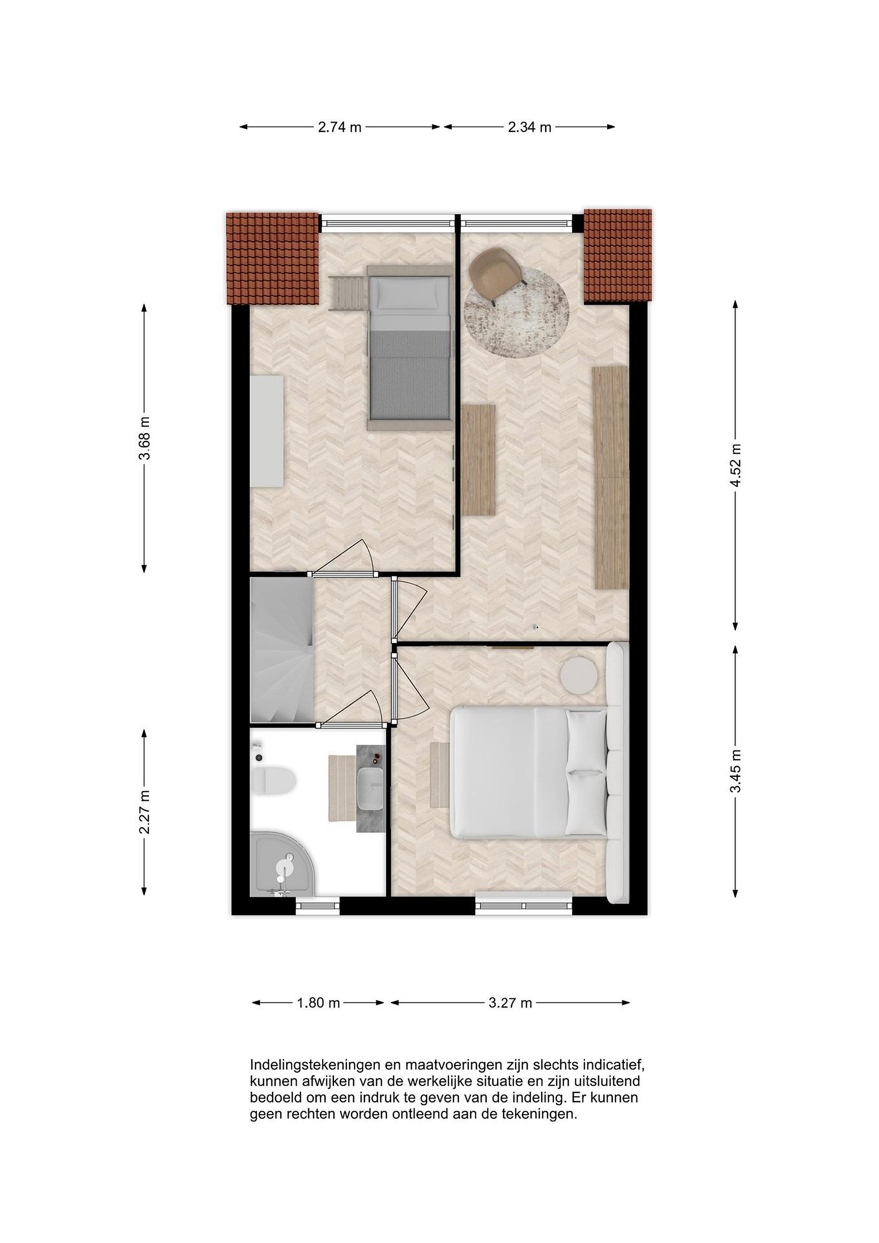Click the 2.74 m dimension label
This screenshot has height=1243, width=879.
tap(339, 127)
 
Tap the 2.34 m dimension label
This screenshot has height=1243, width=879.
tap(529, 127)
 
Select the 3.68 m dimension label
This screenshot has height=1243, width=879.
tap(145, 438)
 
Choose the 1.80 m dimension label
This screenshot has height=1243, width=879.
tap(318, 1003)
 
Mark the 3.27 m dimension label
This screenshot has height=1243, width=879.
tap(510, 1003)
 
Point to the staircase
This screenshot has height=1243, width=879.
tap(282, 650)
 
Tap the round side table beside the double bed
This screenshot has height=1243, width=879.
tap(579, 675)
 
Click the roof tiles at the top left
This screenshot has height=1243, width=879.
tap(272, 259)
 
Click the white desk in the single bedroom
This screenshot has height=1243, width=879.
tap(268, 432)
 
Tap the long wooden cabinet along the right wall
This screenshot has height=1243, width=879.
tap(611, 477)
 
